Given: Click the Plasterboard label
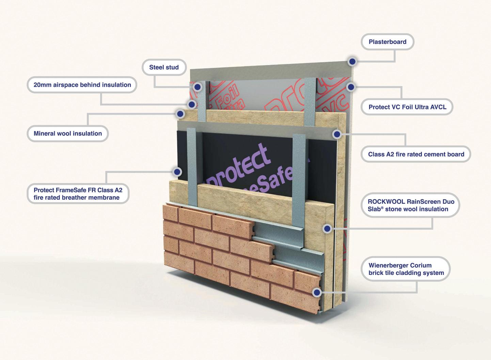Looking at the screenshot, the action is pos(387,42).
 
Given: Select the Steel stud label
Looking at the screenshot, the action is pos(164,67).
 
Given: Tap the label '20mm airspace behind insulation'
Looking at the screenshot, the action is pos(82,85).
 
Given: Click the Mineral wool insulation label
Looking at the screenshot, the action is pos(68,133).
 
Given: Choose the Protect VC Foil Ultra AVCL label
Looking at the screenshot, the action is pos(407,107).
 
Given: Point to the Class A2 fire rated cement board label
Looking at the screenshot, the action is pos(416,154).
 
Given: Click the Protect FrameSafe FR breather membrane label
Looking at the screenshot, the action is pos(78,194).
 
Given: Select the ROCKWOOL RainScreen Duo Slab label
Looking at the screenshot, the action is pos(411,205).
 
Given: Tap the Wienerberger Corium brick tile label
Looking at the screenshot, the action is pos(406,269).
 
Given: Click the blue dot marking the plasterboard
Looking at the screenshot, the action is pos(352,62).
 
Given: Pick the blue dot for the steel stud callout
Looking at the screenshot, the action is pos(197,87).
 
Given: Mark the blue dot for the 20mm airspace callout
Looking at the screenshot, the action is pos(192,104).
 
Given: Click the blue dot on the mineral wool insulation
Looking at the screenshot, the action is pos(180,114).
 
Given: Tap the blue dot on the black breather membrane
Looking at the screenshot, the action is pos(177,172).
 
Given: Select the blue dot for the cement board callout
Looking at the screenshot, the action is pos(337,134).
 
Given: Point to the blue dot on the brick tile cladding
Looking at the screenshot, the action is pos(317,292).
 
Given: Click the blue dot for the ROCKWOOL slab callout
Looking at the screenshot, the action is pos(327,229).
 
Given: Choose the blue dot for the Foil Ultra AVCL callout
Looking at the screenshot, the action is pos(351,87).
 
